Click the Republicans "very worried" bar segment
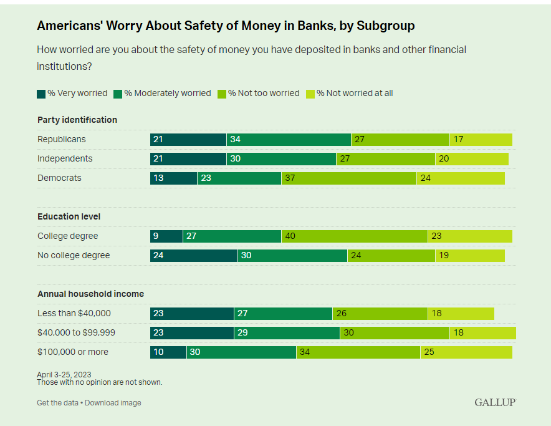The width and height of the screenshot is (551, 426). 188,139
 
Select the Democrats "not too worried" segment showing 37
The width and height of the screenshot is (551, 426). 348,178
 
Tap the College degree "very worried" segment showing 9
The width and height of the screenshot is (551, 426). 166,236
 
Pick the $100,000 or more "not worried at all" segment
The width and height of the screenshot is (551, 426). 466,352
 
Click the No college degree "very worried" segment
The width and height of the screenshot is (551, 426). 193,255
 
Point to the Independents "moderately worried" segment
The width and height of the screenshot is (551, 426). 281,158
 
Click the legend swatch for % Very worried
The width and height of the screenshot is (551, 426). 41,94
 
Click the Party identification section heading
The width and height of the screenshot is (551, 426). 77,120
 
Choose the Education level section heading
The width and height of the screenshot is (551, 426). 69,216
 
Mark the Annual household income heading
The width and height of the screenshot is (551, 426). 90,294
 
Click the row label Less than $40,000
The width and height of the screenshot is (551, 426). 74,313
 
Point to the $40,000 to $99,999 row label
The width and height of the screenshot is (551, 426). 76,332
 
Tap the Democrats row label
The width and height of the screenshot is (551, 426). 59,178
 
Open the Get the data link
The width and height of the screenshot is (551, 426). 57,403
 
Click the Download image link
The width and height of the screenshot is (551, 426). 113,403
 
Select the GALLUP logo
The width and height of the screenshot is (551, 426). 495,402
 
